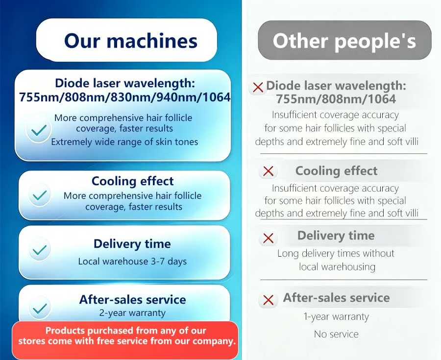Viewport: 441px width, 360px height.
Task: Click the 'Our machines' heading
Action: [x=131, y=41]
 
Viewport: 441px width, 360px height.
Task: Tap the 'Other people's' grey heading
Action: [x=344, y=41]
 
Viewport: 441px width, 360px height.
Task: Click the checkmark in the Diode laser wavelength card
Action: [x=39, y=130]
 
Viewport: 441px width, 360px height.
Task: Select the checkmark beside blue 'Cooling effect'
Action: [x=39, y=195]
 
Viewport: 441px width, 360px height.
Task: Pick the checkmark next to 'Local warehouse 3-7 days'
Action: [x=39, y=250]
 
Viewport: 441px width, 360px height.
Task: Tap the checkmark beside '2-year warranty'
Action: [x=40, y=309]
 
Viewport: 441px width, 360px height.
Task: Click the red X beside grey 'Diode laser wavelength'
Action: [x=258, y=87]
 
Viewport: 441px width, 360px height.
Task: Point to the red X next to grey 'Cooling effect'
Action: [x=269, y=171]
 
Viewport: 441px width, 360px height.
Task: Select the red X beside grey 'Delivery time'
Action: [x=269, y=239]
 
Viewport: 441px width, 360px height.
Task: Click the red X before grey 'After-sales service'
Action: [x=269, y=300]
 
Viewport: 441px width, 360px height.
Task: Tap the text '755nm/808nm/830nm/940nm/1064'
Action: [x=124, y=97]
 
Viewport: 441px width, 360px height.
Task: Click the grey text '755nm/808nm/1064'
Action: [x=336, y=99]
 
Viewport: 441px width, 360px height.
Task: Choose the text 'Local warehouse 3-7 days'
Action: [x=132, y=262]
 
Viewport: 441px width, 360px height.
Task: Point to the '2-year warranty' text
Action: [x=132, y=313]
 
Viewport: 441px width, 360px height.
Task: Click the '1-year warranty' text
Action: [x=336, y=317]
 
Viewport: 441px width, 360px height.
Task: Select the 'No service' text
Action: [x=336, y=334]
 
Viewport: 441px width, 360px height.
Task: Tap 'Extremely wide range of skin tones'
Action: [x=124, y=142]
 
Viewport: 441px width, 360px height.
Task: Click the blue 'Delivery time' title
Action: [x=132, y=243]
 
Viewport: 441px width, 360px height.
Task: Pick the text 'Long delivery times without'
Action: [x=336, y=254]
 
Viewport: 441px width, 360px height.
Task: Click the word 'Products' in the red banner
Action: [x=66, y=331]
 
